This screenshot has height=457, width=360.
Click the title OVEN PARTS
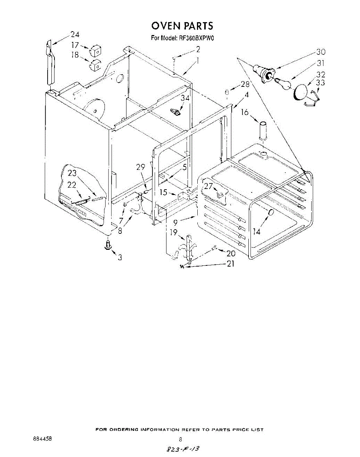click(182, 26)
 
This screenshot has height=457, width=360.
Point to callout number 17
click(75, 45)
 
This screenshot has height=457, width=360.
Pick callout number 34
click(184, 98)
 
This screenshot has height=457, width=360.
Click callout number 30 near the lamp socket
click(321, 52)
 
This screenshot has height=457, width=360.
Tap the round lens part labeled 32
click(301, 92)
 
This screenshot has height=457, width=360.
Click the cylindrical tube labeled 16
click(262, 131)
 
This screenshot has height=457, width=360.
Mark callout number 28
click(244, 84)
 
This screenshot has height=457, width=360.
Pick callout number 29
click(141, 166)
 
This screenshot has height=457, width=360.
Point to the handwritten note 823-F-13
click(182, 450)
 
